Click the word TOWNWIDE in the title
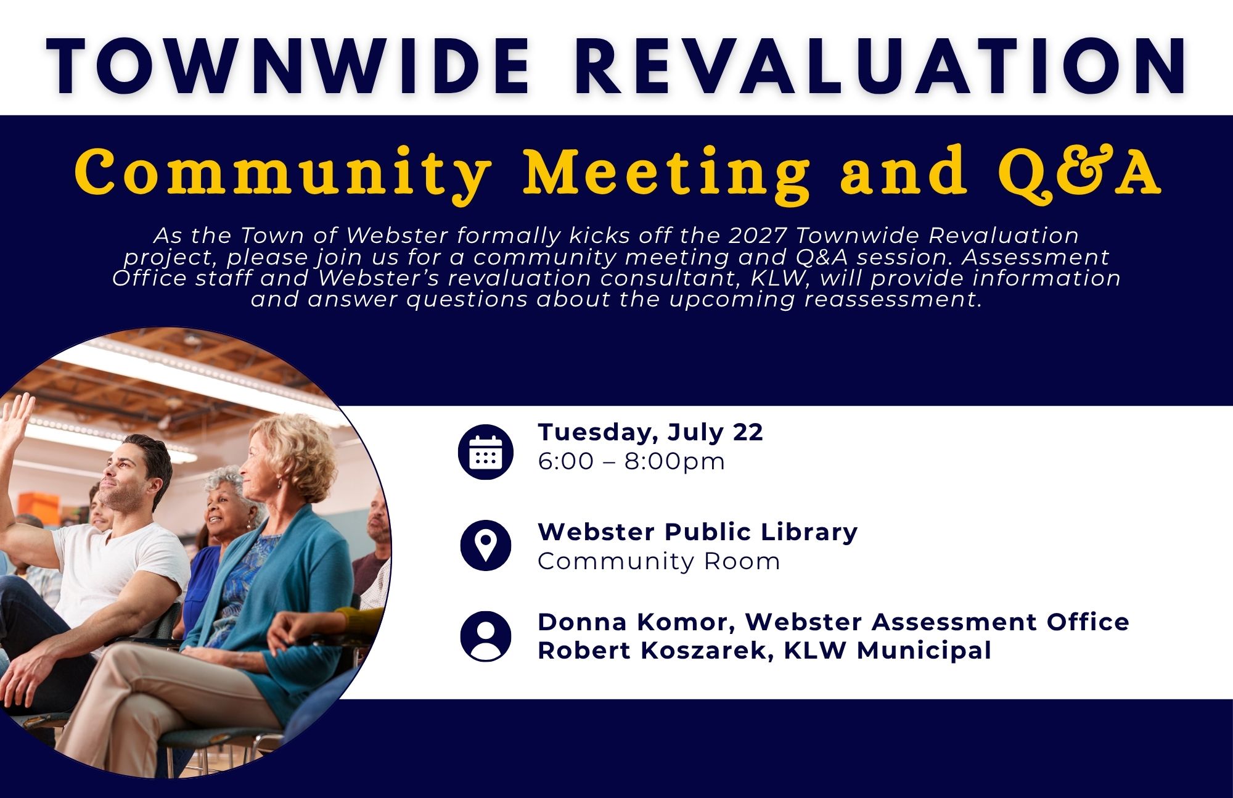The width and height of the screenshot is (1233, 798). [x=289, y=67]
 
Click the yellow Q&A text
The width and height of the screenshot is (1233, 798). [x=1079, y=171]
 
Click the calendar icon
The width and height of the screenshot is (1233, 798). [x=486, y=452]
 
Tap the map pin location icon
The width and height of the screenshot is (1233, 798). [x=486, y=545]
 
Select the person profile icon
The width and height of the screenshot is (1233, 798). [x=486, y=636]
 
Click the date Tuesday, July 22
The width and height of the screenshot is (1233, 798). [x=650, y=433]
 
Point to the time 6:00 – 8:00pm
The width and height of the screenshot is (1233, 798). [x=631, y=462]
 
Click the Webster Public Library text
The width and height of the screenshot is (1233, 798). [x=697, y=532]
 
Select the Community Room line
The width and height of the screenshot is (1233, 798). [x=659, y=562]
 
